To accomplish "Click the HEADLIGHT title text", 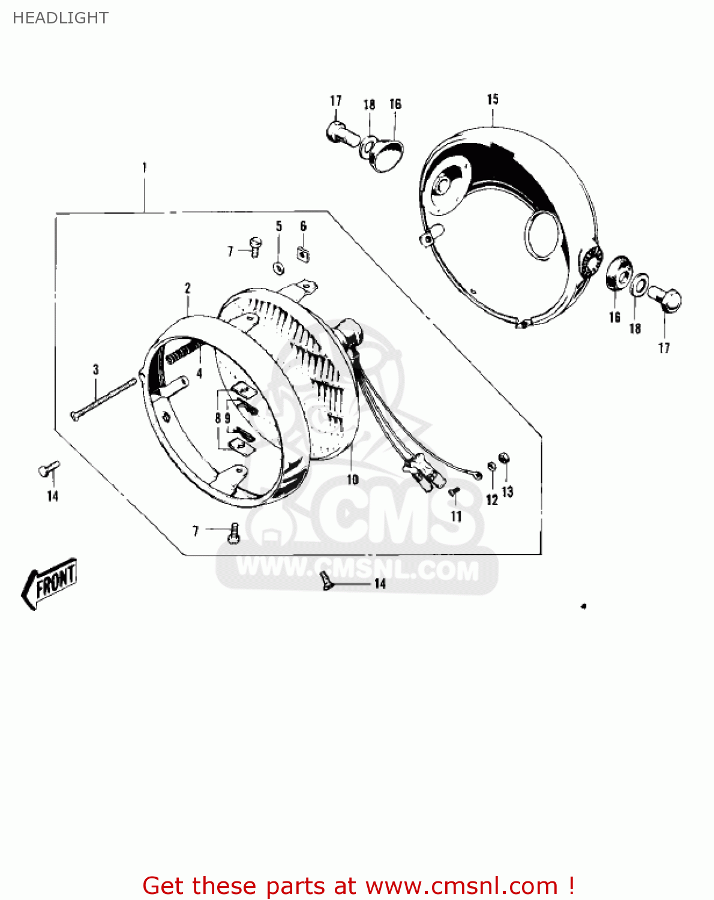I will [x=61, y=18].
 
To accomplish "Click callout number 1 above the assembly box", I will [x=144, y=167].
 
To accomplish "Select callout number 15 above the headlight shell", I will [x=493, y=100].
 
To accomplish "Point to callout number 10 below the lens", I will [x=352, y=479].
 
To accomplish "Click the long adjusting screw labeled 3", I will [x=102, y=398].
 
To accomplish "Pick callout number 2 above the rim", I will [x=187, y=288].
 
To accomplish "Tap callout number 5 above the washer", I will [x=279, y=226].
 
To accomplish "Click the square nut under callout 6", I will [x=303, y=254].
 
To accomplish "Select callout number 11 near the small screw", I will [x=456, y=517].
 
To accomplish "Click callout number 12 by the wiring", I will [x=492, y=500].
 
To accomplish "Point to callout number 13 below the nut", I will [x=508, y=492].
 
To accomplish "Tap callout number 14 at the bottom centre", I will [x=380, y=584].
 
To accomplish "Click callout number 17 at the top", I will [x=336, y=101].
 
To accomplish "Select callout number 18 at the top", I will [x=369, y=104].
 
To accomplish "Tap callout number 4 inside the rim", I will [x=200, y=373].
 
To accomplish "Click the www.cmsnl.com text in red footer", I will [x=462, y=886].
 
